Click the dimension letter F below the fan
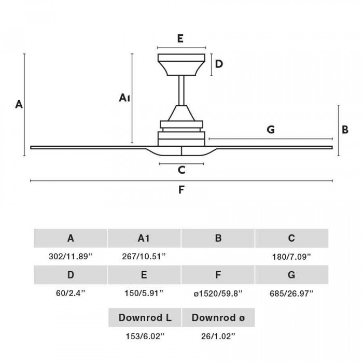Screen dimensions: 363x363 coord(181,190)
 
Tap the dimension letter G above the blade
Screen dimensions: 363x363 coord(270,130)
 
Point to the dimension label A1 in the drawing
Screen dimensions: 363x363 coord(124,97)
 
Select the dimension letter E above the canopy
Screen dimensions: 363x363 coord(180,38)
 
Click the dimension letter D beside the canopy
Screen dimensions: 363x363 coord(219,64)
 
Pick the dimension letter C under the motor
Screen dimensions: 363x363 coord(181,170)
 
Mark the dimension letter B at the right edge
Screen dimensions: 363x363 coord(345,130)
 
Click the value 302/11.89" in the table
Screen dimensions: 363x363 coord(71,257)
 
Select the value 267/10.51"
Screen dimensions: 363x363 coord(144,257)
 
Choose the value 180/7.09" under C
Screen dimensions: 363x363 coord(291,257)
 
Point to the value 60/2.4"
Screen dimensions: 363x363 coord(71,293)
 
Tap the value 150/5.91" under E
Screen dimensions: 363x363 coord(144,293)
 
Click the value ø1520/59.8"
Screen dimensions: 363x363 coord(218,293)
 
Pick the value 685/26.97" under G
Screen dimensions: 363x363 coord(291,293)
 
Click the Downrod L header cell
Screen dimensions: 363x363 coord(144,317)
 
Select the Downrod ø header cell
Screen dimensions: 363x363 coord(218,317)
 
